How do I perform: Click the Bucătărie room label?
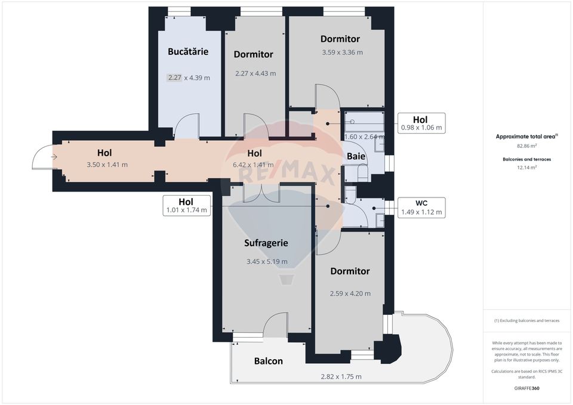pyautogui.click(x=188, y=52)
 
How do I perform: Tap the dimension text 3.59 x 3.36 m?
pyautogui.click(x=342, y=52)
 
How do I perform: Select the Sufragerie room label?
pyautogui.click(x=266, y=243)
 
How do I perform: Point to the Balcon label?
pyautogui.click(x=268, y=361)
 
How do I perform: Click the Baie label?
pyautogui.click(x=356, y=156)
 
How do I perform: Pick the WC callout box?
pyautogui.click(x=421, y=206)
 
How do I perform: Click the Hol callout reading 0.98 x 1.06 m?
pyautogui.click(x=421, y=122)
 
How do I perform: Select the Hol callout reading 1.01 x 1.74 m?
pyautogui.click(x=187, y=205)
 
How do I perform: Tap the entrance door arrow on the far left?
pyautogui.click(x=53, y=157)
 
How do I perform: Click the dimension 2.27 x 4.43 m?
pyautogui.click(x=255, y=74)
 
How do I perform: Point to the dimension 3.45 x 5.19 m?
pyautogui.click(x=267, y=262)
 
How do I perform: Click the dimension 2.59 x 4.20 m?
pyautogui.click(x=350, y=293)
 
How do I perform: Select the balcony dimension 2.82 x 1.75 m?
pyautogui.click(x=341, y=376)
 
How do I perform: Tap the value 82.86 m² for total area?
pyautogui.click(x=526, y=146)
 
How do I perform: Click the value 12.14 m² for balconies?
pyautogui.click(x=526, y=168)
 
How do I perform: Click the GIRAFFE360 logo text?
pyautogui.click(x=526, y=387)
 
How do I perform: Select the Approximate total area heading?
pyautogui.click(x=526, y=136)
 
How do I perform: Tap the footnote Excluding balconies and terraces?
pyautogui.click(x=526, y=321)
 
